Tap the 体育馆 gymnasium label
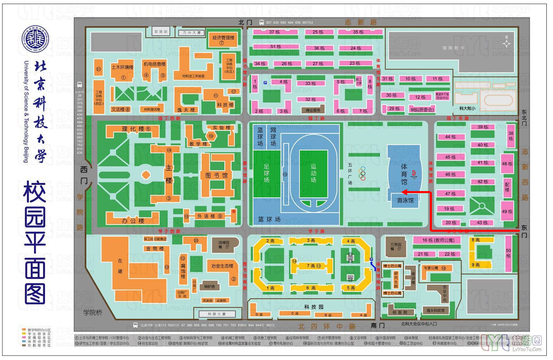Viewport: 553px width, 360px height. click(x=404, y=175)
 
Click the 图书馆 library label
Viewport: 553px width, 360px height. click(x=216, y=175)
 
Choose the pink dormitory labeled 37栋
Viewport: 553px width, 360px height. click(x=275, y=32)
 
